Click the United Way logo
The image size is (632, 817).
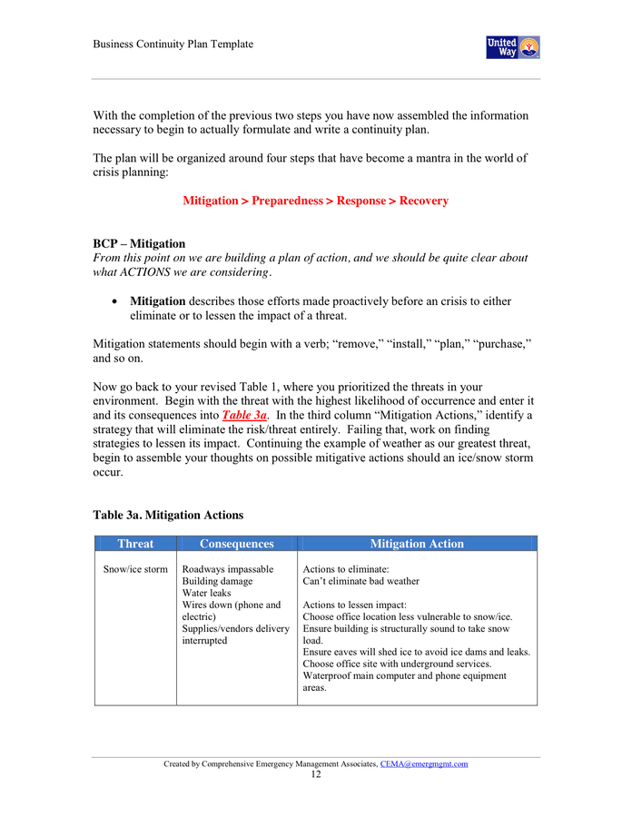(x=513, y=47)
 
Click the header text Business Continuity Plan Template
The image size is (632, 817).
(x=173, y=44)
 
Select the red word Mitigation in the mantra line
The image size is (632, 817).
(x=210, y=201)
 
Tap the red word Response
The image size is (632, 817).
(x=361, y=201)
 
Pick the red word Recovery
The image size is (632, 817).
(x=424, y=201)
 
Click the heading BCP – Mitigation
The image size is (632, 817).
(x=139, y=243)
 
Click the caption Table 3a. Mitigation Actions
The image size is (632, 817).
(x=168, y=515)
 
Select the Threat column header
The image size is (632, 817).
(x=135, y=544)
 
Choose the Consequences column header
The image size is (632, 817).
(x=236, y=544)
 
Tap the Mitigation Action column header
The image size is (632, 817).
(x=417, y=544)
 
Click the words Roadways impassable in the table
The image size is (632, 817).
(x=228, y=569)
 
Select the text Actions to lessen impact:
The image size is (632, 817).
(x=354, y=605)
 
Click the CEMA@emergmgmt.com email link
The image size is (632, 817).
(x=424, y=764)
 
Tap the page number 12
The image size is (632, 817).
(x=315, y=775)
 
